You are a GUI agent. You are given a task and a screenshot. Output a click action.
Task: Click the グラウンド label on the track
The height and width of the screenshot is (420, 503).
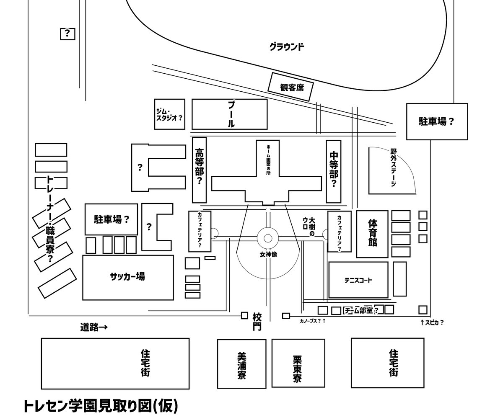(x=287, y=46)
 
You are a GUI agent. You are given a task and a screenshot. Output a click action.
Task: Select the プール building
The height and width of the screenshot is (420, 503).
(x=229, y=114)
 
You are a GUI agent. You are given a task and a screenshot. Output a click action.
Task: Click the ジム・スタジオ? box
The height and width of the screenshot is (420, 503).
(x=169, y=114)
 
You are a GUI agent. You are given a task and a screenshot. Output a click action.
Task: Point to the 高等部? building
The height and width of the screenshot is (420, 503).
(x=200, y=170)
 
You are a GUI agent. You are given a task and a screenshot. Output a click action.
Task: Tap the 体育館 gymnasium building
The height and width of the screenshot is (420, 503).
(x=372, y=234)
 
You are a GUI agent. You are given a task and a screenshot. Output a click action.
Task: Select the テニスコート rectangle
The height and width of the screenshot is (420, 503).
(x=358, y=280)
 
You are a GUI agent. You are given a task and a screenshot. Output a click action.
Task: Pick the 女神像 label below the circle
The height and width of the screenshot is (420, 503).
(x=268, y=254)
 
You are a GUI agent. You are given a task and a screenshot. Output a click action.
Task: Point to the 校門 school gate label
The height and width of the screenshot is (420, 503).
(x=257, y=321)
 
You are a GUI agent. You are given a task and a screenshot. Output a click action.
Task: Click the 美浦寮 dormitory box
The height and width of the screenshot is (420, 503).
(x=241, y=364)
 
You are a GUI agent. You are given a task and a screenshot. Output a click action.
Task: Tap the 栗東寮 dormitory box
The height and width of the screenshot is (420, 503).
(x=298, y=363)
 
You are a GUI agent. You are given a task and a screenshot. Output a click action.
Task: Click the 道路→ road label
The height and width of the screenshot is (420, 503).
(x=94, y=327)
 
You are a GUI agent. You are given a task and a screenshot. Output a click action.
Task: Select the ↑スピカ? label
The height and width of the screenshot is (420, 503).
(x=432, y=322)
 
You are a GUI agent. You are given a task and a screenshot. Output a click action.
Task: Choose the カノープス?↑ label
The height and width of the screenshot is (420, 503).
(x=313, y=322)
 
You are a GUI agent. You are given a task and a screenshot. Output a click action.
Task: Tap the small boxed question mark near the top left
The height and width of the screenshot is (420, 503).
(x=67, y=33)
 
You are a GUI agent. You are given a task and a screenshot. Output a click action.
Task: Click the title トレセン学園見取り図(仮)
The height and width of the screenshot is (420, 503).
(x=101, y=406)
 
